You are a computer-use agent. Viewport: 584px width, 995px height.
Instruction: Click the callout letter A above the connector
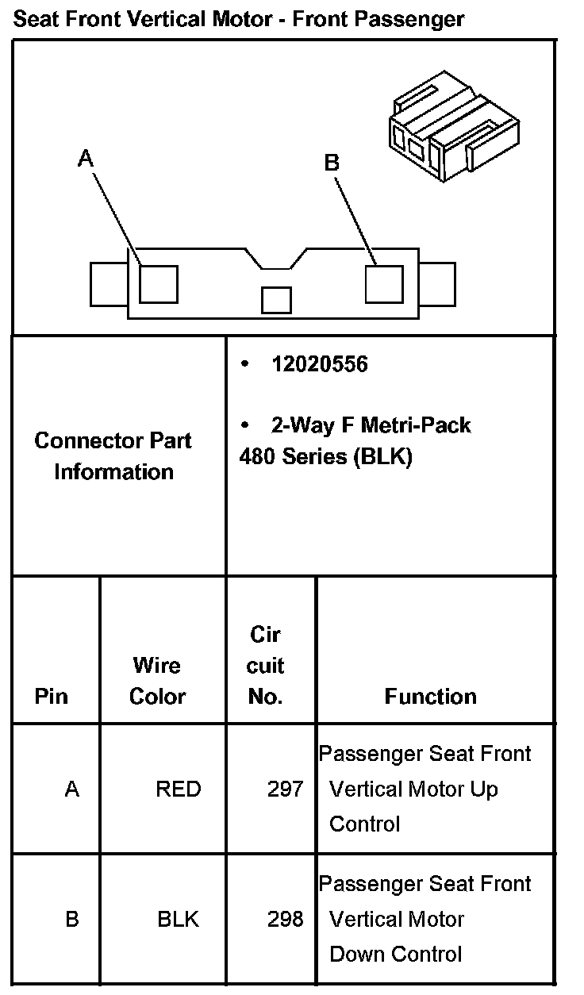[86, 159]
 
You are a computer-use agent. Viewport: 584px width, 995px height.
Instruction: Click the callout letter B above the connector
[332, 163]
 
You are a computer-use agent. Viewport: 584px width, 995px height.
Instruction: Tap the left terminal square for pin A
[158, 283]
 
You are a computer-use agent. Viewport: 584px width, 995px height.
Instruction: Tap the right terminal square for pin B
[384, 283]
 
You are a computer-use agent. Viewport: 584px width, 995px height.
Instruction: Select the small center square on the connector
[276, 300]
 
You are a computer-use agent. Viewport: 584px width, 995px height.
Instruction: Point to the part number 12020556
[319, 364]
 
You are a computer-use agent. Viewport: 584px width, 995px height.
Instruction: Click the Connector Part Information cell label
[113, 456]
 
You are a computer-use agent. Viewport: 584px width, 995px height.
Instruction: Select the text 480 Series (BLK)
[325, 458]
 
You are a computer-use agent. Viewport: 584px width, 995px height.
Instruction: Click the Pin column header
[52, 696]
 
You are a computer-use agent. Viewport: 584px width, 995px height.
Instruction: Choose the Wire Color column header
[157, 681]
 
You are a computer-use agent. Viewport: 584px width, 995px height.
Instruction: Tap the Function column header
[431, 696]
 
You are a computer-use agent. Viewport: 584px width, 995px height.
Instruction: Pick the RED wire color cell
[179, 789]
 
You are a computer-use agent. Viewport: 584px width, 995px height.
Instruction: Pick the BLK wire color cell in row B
[179, 920]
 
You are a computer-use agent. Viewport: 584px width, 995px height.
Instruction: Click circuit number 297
[286, 789]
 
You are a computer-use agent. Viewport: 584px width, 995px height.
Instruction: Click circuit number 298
[286, 920]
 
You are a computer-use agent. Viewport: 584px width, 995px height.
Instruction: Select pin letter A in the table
[72, 789]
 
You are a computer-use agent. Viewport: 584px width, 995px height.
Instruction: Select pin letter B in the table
[72, 920]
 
